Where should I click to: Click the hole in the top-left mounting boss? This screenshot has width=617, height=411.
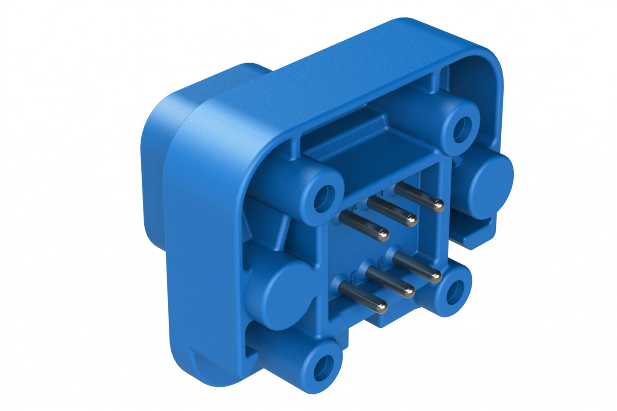click(x=323, y=198)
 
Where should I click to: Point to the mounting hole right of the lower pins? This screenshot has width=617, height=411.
click(x=454, y=291)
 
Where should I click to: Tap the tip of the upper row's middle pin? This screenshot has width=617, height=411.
click(x=411, y=220)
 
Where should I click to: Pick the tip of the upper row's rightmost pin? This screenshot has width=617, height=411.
click(x=438, y=207)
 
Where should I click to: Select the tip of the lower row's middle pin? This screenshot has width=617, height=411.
click(x=409, y=292)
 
